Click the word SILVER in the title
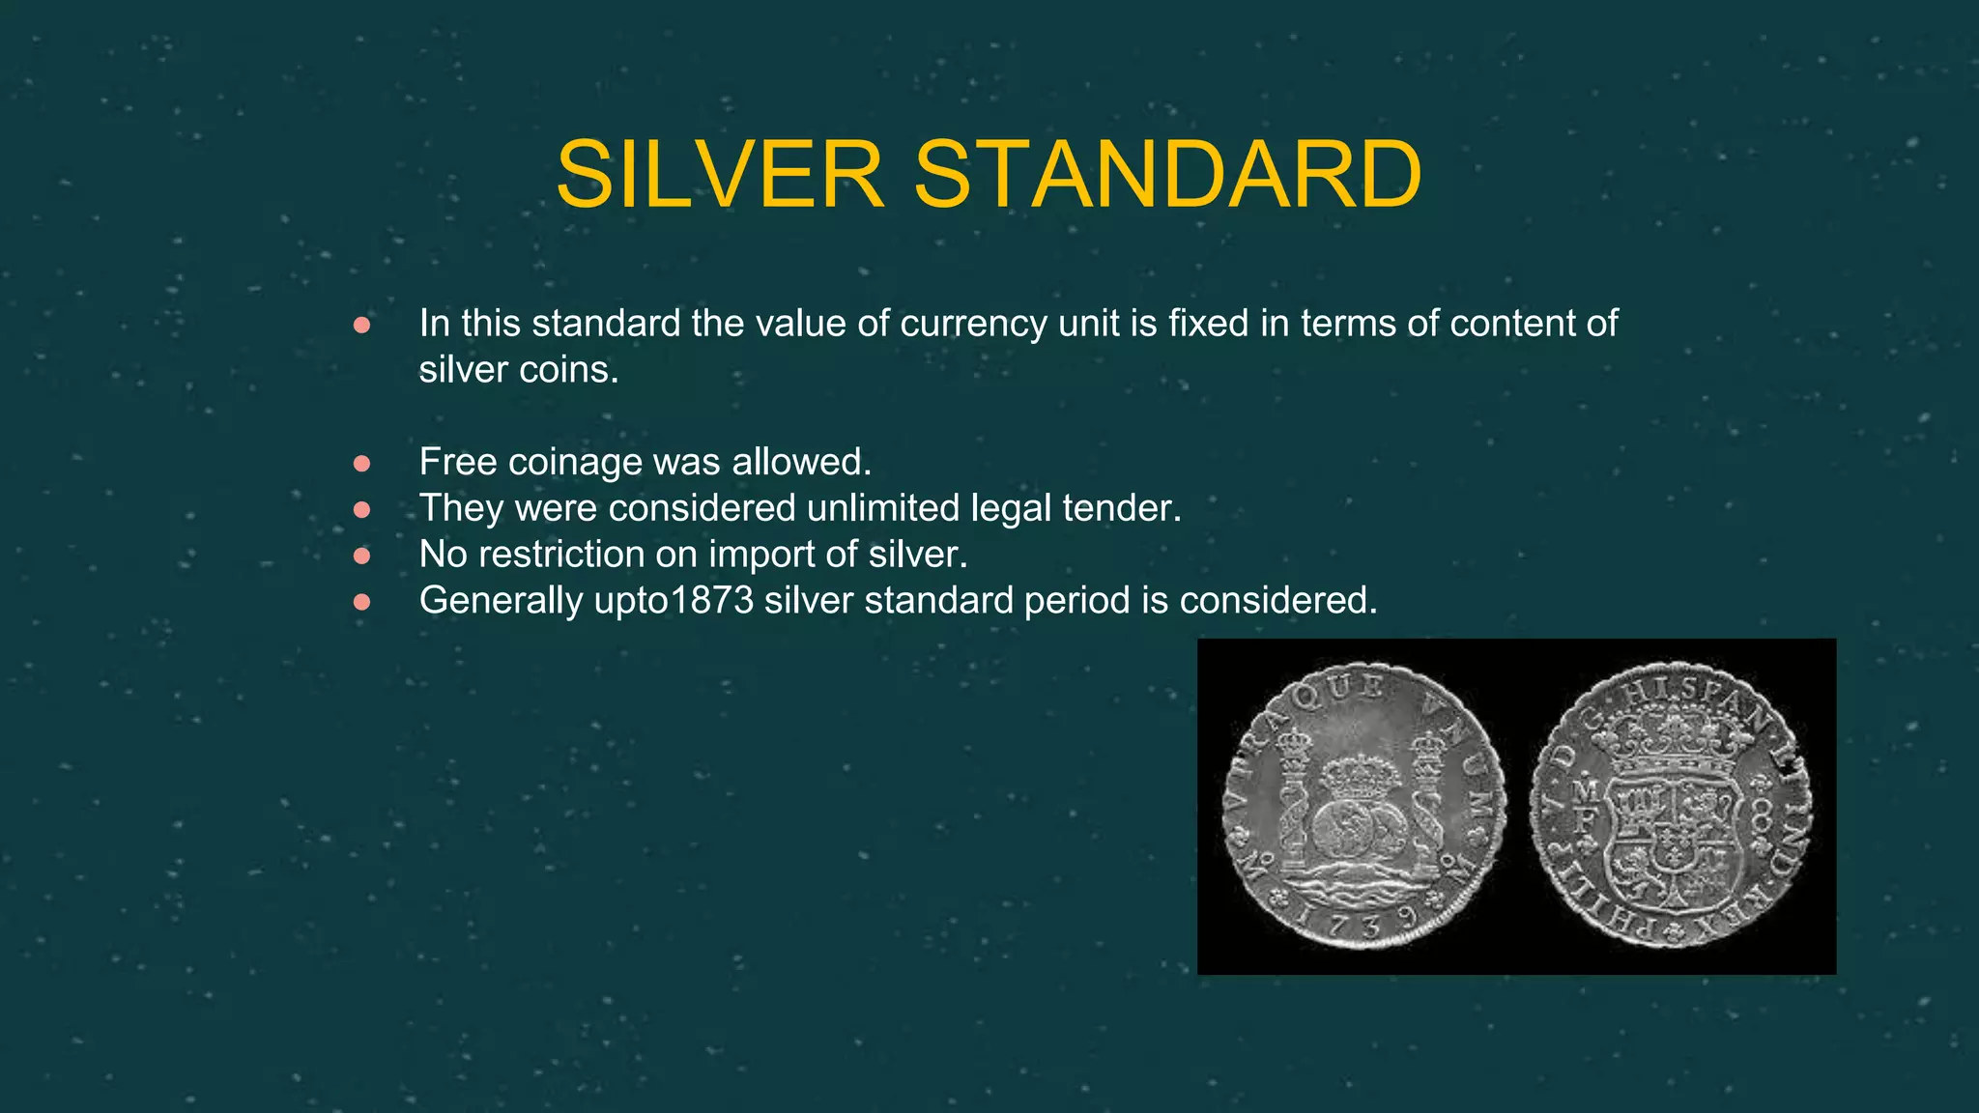coord(720,174)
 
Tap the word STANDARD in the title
coord(1167,174)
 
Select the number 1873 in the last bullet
coord(711,600)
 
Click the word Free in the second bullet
coord(458,462)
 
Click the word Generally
coord(501,601)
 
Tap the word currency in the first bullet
coord(973,324)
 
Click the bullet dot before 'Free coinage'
coord(362,464)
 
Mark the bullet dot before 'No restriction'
coord(362,556)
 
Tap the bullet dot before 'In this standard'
coord(362,326)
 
